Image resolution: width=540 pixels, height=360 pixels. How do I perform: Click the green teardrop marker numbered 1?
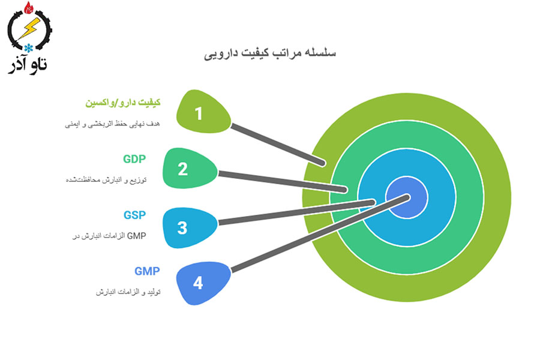coord(203,112)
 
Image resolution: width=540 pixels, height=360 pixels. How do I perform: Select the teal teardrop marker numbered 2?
coord(190,168)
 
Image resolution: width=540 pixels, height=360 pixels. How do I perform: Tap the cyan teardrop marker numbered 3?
coord(190,227)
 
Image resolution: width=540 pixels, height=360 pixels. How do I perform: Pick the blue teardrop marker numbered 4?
coord(203,283)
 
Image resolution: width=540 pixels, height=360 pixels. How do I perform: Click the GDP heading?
coord(134,159)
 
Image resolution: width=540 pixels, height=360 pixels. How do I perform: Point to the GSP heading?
coord(134,215)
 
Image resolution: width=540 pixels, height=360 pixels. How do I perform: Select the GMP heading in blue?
coord(147,271)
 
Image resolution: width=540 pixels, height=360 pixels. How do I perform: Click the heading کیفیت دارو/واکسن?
coord(123,103)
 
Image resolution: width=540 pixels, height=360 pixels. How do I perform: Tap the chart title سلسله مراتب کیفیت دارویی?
coord(270,53)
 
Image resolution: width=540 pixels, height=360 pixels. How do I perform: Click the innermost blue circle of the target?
coord(407,197)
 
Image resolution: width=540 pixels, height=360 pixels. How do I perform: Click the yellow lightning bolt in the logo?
coord(29,28)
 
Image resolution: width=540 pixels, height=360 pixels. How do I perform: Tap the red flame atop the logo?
coord(29,8)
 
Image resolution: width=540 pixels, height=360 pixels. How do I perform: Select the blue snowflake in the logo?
coord(29,48)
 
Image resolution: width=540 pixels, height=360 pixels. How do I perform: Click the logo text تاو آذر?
coord(28,65)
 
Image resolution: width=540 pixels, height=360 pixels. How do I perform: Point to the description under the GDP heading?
coord(106,180)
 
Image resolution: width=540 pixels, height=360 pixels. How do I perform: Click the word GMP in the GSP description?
coord(137,236)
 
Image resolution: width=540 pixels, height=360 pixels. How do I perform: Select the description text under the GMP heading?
coord(128,292)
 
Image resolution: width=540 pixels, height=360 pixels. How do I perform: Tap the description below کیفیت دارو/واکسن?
coord(113,124)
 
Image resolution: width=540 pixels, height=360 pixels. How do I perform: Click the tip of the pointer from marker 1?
coord(323,163)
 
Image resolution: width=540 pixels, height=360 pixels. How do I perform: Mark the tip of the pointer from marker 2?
coord(344,190)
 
